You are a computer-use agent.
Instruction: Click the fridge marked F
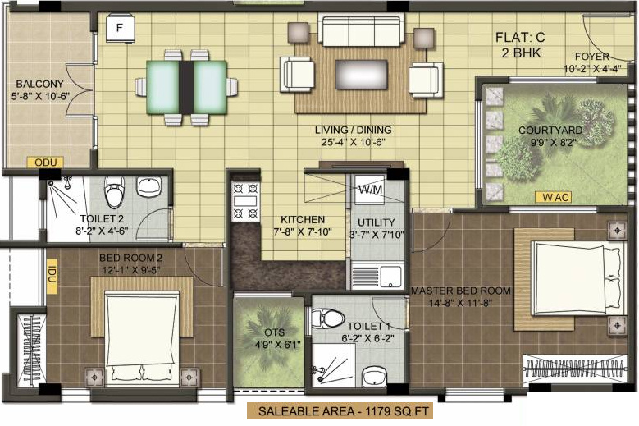pyautogui.click(x=120, y=29)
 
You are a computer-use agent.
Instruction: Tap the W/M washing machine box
pyautogui.click(x=369, y=190)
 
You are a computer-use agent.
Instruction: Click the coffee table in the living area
pyautogui.click(x=361, y=75)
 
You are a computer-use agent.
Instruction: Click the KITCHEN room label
pyautogui.click(x=303, y=220)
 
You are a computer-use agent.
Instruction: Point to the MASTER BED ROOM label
pyautogui.click(x=460, y=291)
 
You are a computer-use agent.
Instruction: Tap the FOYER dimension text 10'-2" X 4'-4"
pyautogui.click(x=592, y=69)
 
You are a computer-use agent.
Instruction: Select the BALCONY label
pyautogui.click(x=39, y=84)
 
